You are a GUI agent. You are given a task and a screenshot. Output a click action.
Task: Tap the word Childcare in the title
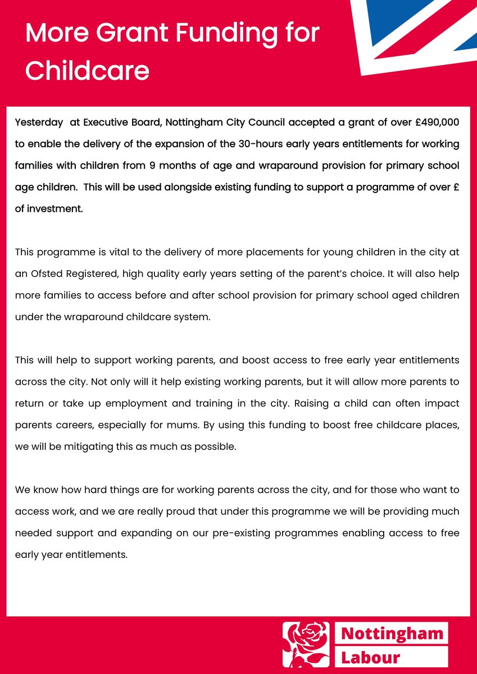87,70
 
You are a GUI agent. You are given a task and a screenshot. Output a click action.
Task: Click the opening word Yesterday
39,122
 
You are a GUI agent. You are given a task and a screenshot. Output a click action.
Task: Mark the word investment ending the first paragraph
54,208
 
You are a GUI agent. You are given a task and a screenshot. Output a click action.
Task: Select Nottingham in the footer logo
392,634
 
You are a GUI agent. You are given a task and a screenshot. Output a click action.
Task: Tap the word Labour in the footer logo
371,657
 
